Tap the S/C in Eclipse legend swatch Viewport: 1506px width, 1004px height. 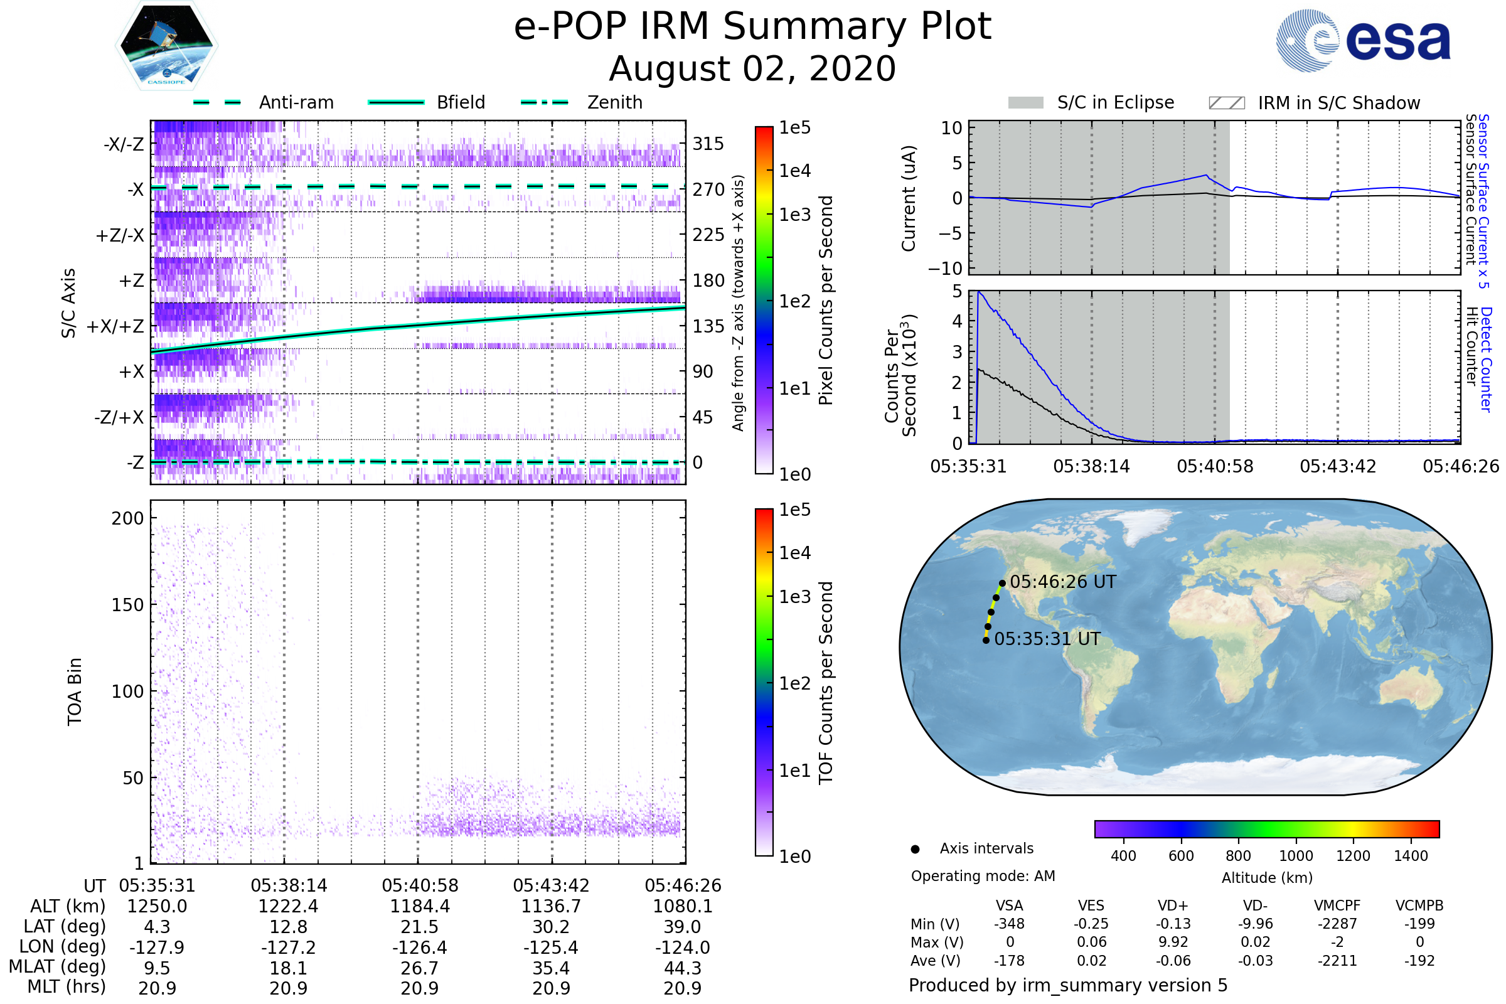pos(1025,103)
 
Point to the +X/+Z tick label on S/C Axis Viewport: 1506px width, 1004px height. pos(115,326)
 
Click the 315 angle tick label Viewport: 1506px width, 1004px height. pos(708,144)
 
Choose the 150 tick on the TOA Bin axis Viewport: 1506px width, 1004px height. pos(127,605)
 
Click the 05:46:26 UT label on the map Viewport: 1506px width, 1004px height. pos(1062,582)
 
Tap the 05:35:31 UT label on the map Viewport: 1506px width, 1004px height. pos(1047,639)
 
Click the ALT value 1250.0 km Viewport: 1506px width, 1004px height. pos(157,906)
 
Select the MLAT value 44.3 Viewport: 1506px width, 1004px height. pos(683,968)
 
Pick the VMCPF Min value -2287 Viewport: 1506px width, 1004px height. pos(1337,924)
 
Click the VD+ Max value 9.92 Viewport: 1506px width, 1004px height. pos(1173,942)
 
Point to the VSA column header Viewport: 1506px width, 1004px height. pos(1009,905)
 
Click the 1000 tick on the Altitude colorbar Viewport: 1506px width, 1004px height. pos(1295,856)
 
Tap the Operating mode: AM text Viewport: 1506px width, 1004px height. pos(983,876)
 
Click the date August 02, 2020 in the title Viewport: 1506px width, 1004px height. pos(752,68)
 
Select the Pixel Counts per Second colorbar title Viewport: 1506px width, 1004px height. pos(826,301)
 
